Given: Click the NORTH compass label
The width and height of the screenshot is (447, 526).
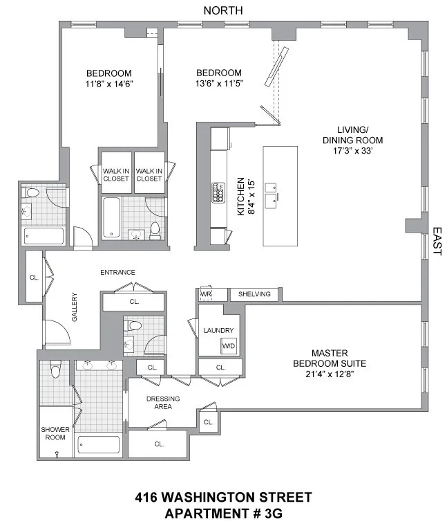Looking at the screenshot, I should [223, 10].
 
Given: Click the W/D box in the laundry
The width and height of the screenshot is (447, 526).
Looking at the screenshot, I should [228, 346].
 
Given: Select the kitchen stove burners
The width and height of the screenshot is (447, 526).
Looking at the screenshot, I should [219, 192].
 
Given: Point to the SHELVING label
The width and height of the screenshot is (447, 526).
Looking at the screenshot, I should [255, 295].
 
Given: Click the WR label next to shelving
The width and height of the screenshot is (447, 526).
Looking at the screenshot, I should [205, 295].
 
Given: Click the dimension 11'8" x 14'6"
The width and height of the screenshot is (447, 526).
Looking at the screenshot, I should [108, 84].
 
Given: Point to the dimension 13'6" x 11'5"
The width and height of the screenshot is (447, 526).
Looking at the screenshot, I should [218, 84].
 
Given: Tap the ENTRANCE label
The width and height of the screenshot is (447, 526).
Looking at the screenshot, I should [117, 272].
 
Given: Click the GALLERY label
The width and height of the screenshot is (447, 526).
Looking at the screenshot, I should [76, 307].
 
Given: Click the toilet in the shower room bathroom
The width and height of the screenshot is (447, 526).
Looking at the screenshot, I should [57, 372].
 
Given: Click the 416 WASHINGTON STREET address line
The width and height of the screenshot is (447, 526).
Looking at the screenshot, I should [223, 497].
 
